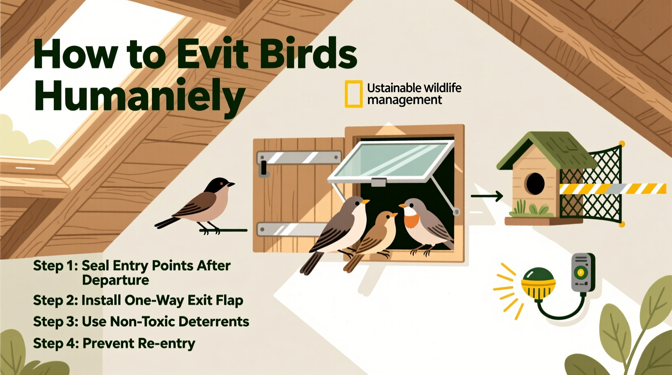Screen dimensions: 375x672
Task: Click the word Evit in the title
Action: (212, 54)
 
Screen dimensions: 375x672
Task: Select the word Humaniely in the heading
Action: (140, 96)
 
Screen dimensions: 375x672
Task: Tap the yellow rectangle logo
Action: (353, 94)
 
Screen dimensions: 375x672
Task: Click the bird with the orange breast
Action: (424, 225)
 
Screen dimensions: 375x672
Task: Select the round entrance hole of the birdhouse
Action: (535, 183)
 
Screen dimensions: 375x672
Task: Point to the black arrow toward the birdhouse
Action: (487, 196)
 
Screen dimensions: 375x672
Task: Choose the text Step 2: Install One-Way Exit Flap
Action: (138, 300)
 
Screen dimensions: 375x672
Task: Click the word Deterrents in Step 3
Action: (214, 322)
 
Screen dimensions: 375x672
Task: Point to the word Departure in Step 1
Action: (115, 280)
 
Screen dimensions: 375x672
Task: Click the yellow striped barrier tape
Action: (612, 188)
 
